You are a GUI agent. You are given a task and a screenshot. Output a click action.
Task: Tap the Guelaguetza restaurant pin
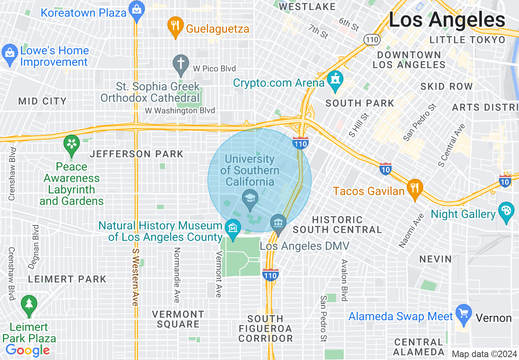(x=175, y=27)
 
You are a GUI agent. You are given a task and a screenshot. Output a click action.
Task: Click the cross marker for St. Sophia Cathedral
(x=181, y=64)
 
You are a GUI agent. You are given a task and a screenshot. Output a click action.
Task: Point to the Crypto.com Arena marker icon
(x=336, y=80)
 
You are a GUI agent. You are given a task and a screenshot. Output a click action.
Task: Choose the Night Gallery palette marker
(x=506, y=212)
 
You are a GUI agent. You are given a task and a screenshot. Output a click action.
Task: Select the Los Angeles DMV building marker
(x=279, y=224)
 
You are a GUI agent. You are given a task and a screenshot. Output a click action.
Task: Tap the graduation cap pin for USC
(x=249, y=199)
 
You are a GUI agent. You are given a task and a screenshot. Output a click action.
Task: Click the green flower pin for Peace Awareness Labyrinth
(x=72, y=145)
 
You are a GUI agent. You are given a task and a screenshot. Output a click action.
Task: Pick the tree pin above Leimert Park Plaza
(x=29, y=305)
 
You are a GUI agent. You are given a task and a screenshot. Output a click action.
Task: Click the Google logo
(x=28, y=350)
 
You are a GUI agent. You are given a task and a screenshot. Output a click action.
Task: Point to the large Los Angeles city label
(x=447, y=20)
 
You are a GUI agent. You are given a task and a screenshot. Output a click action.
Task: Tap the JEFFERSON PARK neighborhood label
(x=137, y=154)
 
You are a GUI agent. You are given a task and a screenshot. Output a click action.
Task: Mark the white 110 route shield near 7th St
(x=372, y=40)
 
